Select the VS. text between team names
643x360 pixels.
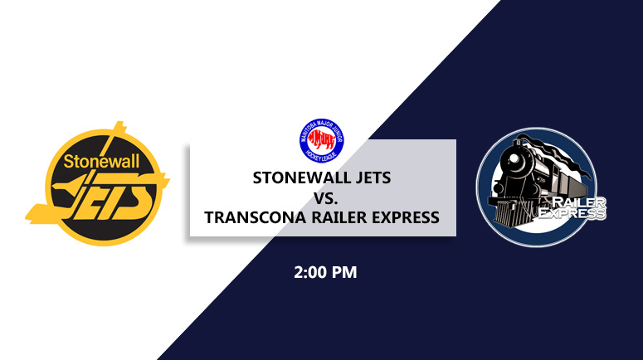(x=323, y=197)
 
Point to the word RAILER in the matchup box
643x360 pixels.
(x=338, y=217)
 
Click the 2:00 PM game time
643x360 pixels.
(x=324, y=271)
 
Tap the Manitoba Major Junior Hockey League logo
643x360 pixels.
(x=322, y=140)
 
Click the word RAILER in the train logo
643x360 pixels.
(x=574, y=202)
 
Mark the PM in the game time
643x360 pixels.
(x=344, y=271)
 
